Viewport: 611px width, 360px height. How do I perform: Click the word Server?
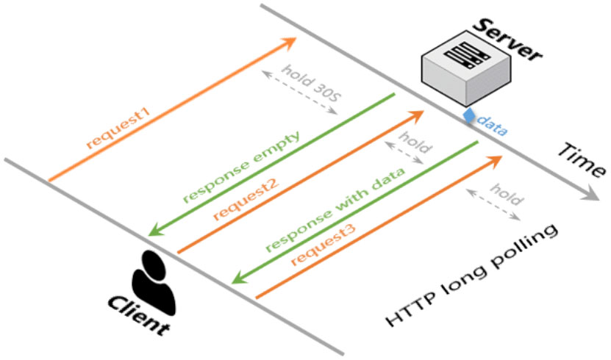[508, 36]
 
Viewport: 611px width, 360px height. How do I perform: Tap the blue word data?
[492, 126]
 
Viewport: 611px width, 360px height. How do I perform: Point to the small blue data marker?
[468, 115]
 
